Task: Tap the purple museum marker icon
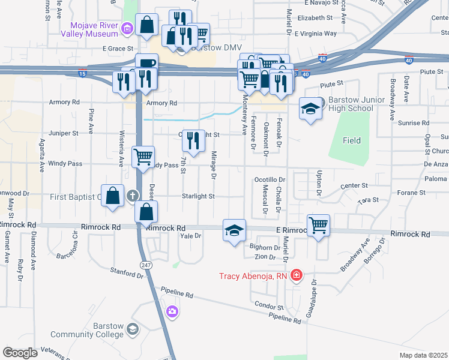[x=127, y=28]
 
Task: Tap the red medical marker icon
[x=296, y=276]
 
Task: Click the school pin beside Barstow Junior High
[x=310, y=109]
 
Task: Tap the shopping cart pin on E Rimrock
[x=318, y=226]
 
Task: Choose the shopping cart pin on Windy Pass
[x=143, y=157]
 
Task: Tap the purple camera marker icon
[x=172, y=311]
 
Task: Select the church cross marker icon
[x=133, y=196]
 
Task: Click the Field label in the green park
[x=352, y=140]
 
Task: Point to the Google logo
[x=20, y=352]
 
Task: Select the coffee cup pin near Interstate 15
[x=146, y=64]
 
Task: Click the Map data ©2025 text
[x=424, y=355]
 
